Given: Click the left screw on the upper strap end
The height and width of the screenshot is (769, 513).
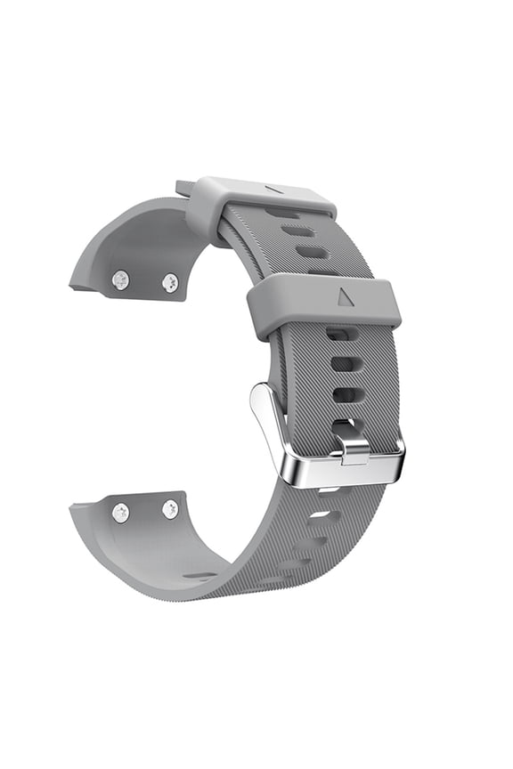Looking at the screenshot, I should pyautogui.click(x=120, y=280).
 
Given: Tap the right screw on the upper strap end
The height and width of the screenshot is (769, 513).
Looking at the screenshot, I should pyautogui.click(x=170, y=283).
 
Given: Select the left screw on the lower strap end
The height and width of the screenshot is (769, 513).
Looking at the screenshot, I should pyautogui.click(x=120, y=513).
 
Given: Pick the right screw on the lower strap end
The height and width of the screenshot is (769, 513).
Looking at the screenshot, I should pyautogui.click(x=170, y=509).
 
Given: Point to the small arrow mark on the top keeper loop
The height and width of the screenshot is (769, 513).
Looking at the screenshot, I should pyautogui.click(x=275, y=189).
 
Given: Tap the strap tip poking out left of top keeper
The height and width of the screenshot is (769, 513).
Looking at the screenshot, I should pyautogui.click(x=184, y=188).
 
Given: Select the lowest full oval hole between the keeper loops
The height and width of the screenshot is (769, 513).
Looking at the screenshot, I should pyautogui.click(x=312, y=252).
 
